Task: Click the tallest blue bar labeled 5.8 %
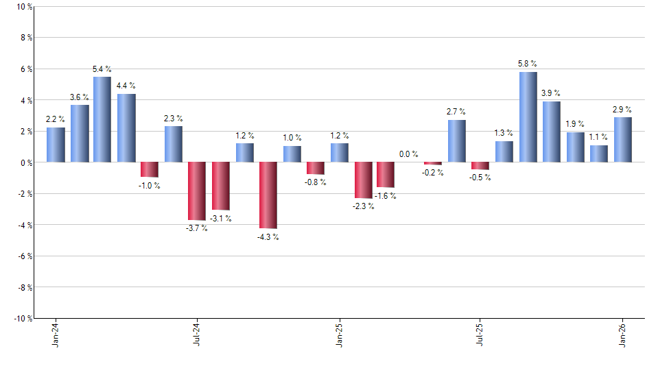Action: [x=528, y=117]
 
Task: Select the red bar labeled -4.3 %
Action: [x=268, y=195]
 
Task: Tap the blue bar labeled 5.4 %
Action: [x=102, y=119]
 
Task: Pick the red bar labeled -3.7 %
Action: [x=197, y=191]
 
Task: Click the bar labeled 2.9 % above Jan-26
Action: [x=622, y=140]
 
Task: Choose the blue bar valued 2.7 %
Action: [x=456, y=141]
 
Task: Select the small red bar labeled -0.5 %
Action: [x=480, y=166]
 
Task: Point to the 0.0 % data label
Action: [x=409, y=154]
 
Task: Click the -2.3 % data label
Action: [x=364, y=206]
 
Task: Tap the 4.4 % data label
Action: [x=126, y=86]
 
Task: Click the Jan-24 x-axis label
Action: [x=56, y=334]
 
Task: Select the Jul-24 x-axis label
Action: [x=197, y=334]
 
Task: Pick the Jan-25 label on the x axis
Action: [x=339, y=334]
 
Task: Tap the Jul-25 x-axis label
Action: [x=480, y=334]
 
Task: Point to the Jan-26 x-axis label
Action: [x=622, y=334]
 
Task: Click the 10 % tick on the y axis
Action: [x=23, y=7]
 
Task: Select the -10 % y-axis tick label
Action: [x=21, y=319]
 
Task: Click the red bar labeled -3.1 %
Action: [x=220, y=186]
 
